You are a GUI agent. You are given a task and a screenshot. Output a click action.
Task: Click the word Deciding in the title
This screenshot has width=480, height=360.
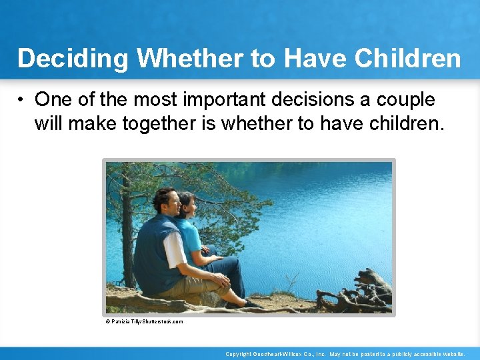pyautogui.click(x=73, y=59)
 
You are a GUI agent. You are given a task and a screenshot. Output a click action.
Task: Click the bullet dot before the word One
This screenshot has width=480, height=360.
pyautogui.click(x=22, y=100)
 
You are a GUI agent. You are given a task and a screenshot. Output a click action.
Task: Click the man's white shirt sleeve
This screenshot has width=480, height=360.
pyautogui.click(x=175, y=250)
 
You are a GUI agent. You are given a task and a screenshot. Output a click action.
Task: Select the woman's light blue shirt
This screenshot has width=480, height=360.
pyautogui.click(x=190, y=237)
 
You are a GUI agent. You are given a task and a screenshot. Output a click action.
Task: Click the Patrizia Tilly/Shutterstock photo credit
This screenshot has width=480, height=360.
pyautogui.click(x=144, y=321)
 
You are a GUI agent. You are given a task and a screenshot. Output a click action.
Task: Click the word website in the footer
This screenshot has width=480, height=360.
pyautogui.click(x=451, y=354)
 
